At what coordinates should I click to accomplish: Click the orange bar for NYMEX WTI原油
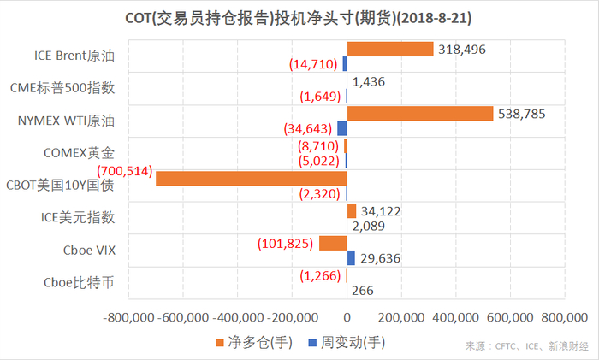(x=419, y=114)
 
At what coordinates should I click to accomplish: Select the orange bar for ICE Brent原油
(x=389, y=50)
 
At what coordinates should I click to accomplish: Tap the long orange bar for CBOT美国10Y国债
(x=251, y=179)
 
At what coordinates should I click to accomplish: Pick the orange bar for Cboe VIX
(x=332, y=243)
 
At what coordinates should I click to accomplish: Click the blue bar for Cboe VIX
(x=351, y=257)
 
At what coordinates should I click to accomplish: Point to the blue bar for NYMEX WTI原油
(x=341, y=128)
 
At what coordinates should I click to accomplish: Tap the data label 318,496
(x=462, y=50)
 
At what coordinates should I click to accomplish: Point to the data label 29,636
(x=379, y=257)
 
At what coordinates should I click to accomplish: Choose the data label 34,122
(x=381, y=210)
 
